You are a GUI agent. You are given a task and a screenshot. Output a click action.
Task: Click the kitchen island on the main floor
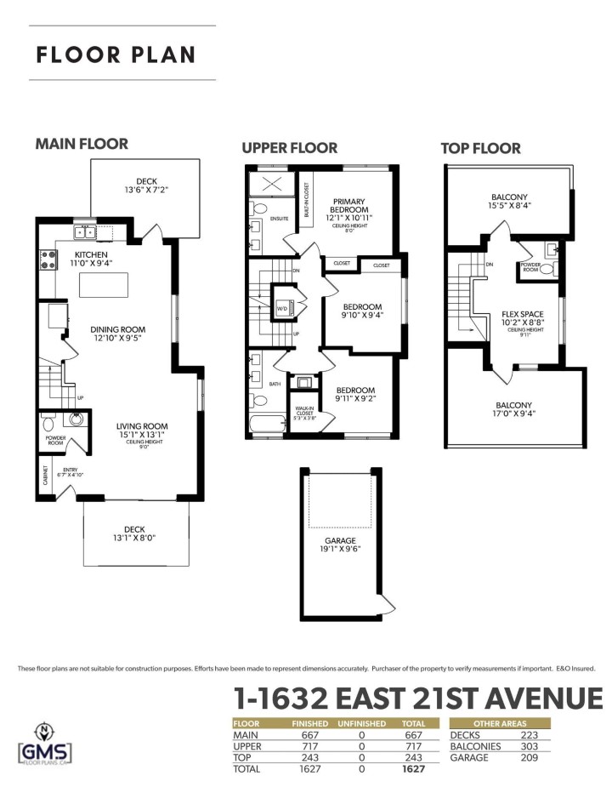[x=103, y=284]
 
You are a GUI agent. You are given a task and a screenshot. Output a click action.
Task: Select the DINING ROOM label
[x=118, y=329]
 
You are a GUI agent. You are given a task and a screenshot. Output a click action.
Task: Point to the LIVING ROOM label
[x=142, y=425]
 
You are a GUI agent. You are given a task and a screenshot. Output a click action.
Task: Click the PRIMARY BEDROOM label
[x=349, y=204]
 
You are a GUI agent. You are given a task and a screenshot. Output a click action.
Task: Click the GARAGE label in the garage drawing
[x=340, y=540]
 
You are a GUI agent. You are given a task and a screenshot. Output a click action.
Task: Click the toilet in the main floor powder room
[x=49, y=423]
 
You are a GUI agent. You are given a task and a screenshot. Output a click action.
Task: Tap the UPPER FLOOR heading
[x=290, y=148]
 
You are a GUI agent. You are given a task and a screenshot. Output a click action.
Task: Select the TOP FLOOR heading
[x=480, y=148]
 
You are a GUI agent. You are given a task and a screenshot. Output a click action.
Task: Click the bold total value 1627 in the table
[x=411, y=769]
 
